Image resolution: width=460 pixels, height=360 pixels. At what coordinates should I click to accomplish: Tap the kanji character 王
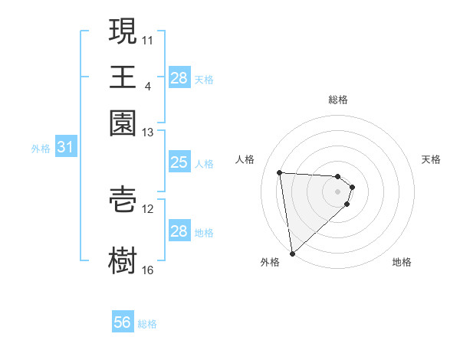click(123, 77)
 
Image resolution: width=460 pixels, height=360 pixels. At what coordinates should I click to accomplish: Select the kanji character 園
click(123, 123)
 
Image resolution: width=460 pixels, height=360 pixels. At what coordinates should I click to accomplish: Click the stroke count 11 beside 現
click(148, 39)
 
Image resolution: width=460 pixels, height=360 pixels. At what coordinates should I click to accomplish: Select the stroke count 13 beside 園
click(148, 132)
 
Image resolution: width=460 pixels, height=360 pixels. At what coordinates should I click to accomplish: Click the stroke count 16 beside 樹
click(148, 270)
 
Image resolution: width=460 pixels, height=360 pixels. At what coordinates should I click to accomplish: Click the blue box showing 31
click(65, 148)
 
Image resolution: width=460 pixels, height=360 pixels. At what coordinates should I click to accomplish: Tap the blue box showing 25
click(179, 162)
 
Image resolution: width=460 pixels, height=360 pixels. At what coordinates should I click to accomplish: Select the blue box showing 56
click(123, 322)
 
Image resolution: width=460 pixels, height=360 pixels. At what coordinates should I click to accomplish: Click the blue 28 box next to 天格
click(179, 78)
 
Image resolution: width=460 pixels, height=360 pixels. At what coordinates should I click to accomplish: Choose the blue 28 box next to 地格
click(179, 231)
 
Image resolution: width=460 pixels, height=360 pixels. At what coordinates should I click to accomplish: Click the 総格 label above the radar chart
click(338, 100)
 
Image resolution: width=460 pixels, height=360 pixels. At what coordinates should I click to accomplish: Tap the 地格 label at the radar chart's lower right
click(402, 263)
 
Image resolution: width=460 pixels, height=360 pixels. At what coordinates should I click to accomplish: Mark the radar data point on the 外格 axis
click(292, 254)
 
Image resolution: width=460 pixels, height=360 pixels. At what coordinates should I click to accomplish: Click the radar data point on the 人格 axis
click(280, 172)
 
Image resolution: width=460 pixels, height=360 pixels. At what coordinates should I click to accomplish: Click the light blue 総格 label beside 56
click(147, 324)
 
